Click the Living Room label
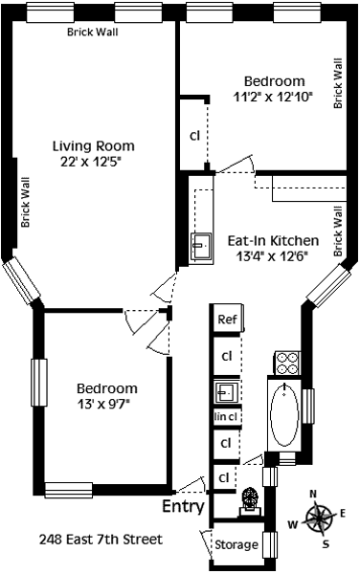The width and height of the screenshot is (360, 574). tap(94, 146)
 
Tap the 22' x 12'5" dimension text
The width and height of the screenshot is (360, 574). tap(91, 162)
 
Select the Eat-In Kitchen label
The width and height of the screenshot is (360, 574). tap(273, 241)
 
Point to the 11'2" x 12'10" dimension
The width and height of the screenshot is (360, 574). tap(273, 97)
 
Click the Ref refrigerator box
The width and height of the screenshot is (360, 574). tap(228, 320)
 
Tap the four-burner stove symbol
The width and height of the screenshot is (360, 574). tap(287, 363)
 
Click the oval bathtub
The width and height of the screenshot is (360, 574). tap(284, 414)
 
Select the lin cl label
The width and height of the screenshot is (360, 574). tap(226, 416)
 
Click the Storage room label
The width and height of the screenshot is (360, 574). tap(236, 544)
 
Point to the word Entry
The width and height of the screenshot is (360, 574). tap(183, 507)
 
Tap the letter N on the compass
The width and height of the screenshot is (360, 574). tap(313, 495)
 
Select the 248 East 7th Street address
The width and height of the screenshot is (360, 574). tap(101, 540)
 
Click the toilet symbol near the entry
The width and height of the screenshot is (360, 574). tap(251, 501)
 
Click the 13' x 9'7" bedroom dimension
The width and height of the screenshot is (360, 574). tap(104, 404)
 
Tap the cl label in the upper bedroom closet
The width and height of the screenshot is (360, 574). tap(194, 136)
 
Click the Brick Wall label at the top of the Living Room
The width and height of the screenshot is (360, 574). tap(93, 33)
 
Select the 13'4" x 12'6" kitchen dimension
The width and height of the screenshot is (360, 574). tap(271, 256)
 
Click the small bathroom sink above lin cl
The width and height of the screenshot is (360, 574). tap(227, 392)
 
